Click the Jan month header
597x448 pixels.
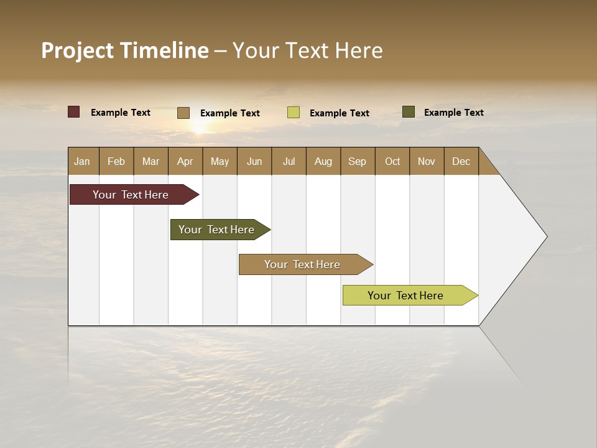point(82,161)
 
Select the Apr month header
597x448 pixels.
point(185,161)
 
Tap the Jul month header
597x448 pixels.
point(289,161)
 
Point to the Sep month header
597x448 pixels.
point(357,161)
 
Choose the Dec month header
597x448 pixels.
point(461,161)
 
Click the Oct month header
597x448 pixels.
point(392,161)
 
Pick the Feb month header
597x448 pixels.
point(116,161)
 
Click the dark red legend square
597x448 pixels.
point(74,112)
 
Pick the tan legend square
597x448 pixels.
point(183,113)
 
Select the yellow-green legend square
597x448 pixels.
point(294,113)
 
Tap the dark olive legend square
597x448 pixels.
point(409,112)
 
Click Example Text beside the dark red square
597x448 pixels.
point(121,113)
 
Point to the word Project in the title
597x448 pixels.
point(78,50)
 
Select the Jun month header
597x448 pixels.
point(254,161)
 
